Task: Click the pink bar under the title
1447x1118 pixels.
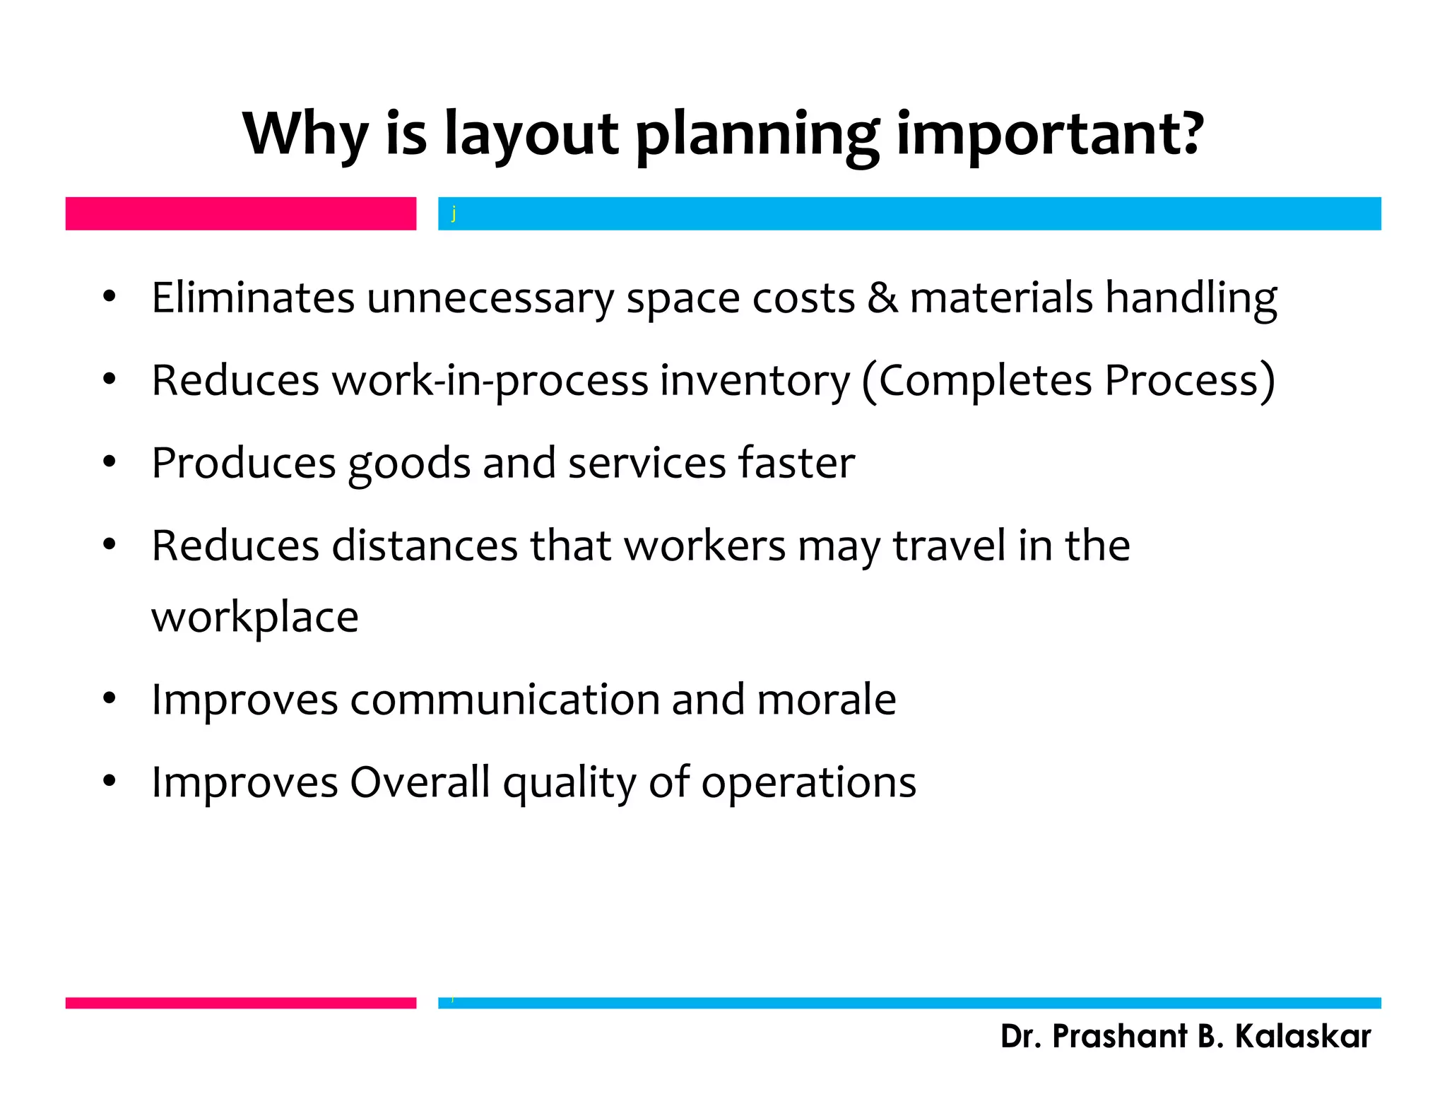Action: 240,213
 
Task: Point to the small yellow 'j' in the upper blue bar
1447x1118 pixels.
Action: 454,213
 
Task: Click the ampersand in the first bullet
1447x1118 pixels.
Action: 882,298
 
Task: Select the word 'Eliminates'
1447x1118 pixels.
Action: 252,298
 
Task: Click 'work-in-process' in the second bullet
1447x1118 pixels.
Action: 490,381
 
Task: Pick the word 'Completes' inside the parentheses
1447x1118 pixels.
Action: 985,381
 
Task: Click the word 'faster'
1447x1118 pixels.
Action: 796,463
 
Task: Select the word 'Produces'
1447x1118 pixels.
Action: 243,463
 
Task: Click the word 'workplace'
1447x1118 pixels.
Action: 254,618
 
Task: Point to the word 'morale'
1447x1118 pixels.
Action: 826,700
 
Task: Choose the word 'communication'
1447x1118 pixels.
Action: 504,700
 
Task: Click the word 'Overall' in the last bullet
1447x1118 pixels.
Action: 420,782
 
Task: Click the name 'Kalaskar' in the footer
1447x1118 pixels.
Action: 1302,1037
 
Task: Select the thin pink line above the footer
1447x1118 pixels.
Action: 240,1003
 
